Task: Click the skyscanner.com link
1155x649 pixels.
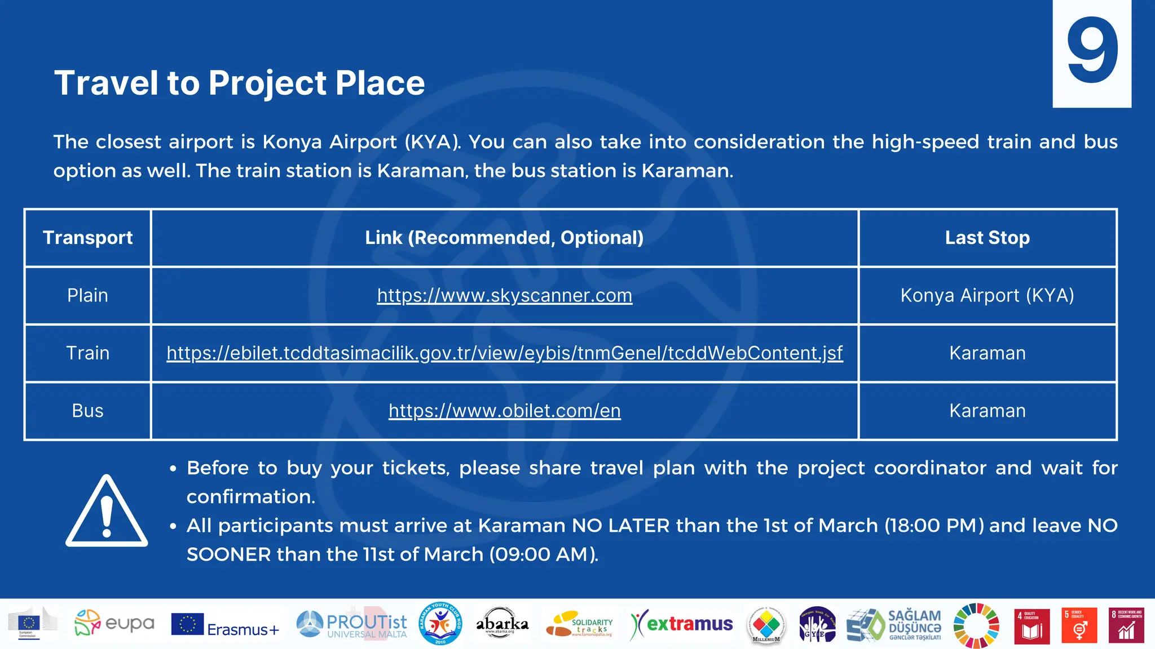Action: pyautogui.click(x=504, y=295)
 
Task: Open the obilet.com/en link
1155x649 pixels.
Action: pyautogui.click(x=504, y=411)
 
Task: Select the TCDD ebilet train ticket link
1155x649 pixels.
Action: pyautogui.click(x=504, y=353)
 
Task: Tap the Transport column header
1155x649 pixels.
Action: pyautogui.click(x=87, y=238)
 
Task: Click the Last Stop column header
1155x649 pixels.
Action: pyautogui.click(x=987, y=238)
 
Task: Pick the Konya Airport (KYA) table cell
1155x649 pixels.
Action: pyautogui.click(x=987, y=295)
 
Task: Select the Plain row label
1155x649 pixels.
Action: pyautogui.click(x=87, y=295)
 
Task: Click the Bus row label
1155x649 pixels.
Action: pyautogui.click(x=87, y=411)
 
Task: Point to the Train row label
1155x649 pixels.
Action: pyautogui.click(x=87, y=353)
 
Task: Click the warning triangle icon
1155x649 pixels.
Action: pyautogui.click(x=107, y=512)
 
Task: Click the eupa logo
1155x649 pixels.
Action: pyautogui.click(x=114, y=624)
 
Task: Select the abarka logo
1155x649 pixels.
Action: pyautogui.click(x=502, y=624)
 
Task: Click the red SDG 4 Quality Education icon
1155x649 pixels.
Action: pyautogui.click(x=1031, y=625)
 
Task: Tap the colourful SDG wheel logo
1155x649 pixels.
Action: pyautogui.click(x=976, y=625)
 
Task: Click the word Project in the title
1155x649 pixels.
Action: pyautogui.click(x=267, y=83)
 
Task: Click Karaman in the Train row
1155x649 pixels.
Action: pyautogui.click(x=987, y=353)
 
